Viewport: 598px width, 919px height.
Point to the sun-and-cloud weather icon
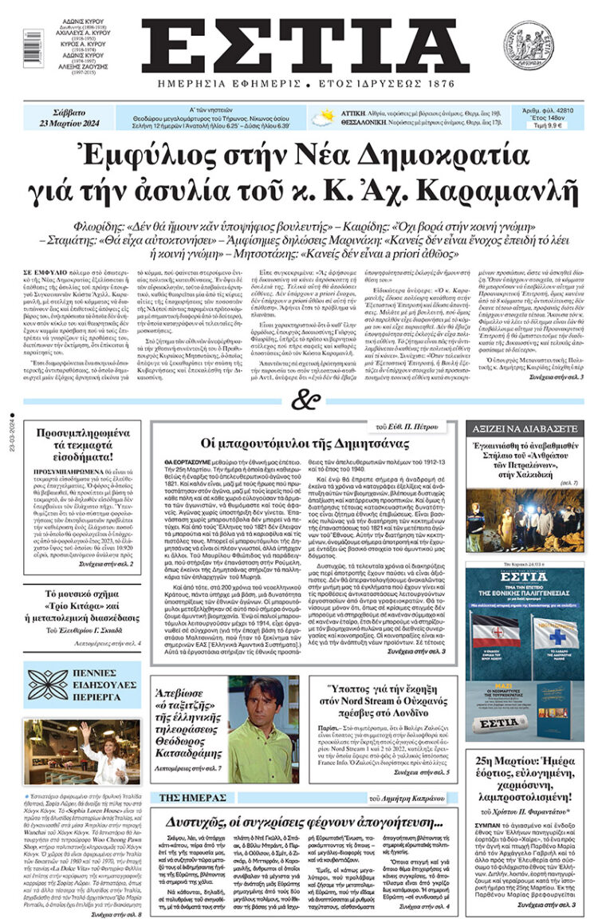323,117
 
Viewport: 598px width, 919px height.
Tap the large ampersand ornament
299,401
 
